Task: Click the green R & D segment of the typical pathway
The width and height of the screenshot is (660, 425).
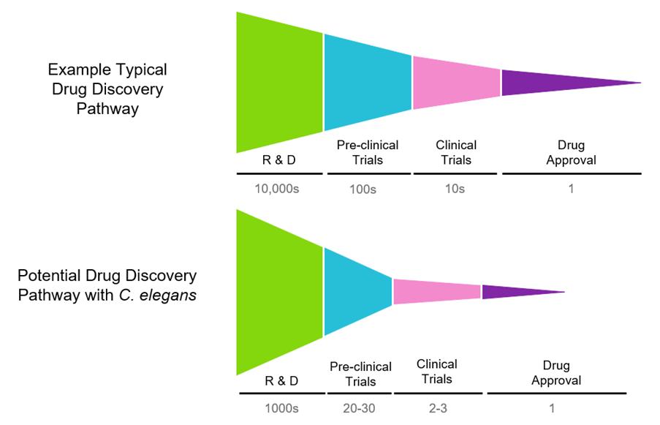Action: tap(279, 82)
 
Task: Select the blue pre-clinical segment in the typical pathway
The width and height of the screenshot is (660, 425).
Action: tap(367, 82)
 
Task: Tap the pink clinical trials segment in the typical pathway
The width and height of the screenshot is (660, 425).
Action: tap(456, 82)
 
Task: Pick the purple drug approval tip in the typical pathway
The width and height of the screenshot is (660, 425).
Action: tap(555, 82)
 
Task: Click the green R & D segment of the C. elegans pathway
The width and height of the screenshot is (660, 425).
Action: tap(279, 293)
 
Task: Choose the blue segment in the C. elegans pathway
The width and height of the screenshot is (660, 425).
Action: tap(357, 293)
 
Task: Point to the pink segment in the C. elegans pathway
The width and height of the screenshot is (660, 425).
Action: tap(436, 292)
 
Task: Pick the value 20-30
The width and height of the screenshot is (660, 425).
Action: tap(358, 408)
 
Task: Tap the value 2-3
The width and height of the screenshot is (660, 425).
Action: tap(438, 408)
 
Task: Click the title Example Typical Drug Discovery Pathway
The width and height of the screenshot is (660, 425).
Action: tap(107, 89)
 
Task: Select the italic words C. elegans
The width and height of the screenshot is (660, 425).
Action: tap(167, 296)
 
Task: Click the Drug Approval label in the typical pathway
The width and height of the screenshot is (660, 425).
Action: tap(570, 153)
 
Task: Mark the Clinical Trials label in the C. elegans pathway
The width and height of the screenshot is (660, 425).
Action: tap(437, 371)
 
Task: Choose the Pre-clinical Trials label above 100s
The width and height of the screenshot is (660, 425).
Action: tap(360, 152)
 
